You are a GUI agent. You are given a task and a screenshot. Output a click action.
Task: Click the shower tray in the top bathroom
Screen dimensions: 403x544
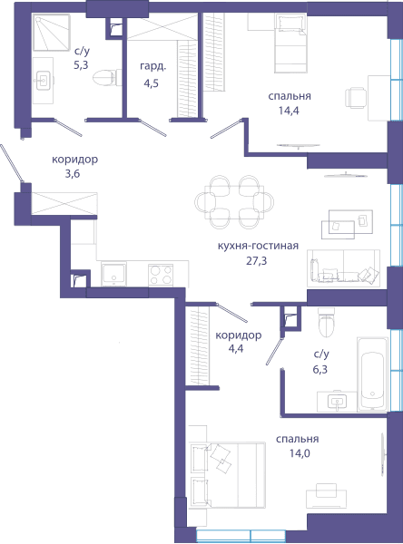click(x=52, y=33)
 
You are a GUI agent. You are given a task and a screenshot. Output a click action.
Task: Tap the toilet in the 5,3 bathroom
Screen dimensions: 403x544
click(x=107, y=78)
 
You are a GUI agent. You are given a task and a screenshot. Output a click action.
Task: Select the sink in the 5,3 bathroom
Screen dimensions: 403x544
click(x=44, y=81)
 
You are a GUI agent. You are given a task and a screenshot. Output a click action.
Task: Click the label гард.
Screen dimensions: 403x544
click(x=153, y=66)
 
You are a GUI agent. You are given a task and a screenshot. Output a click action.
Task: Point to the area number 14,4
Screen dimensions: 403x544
click(x=289, y=111)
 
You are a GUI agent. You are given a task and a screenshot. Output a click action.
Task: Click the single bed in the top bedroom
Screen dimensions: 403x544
click(x=290, y=43)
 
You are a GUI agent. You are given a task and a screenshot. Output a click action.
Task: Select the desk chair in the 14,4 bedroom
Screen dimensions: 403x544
click(x=356, y=98)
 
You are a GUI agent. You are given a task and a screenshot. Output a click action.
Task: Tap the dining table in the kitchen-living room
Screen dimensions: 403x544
click(x=234, y=202)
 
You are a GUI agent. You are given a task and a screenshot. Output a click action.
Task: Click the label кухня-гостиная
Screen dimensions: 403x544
click(x=258, y=246)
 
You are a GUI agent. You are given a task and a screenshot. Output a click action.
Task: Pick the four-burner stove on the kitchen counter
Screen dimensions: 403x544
click(x=161, y=275)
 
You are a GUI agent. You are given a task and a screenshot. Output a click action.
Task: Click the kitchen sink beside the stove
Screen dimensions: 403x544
click(x=113, y=274)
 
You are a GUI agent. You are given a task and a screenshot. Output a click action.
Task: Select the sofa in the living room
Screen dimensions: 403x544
click(x=343, y=267)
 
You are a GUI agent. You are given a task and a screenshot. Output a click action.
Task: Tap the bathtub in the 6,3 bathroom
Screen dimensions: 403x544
click(x=372, y=374)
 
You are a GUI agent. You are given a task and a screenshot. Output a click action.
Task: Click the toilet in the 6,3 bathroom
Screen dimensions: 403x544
click(x=326, y=322)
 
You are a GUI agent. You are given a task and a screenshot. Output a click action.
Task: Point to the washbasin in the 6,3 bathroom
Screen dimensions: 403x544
click(x=337, y=401)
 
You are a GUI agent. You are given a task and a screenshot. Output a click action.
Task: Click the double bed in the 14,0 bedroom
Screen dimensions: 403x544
click(x=227, y=475)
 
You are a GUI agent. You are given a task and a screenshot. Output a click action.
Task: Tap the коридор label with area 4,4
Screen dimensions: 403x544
click(x=239, y=335)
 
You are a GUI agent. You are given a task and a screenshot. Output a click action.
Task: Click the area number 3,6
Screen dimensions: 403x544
click(x=73, y=173)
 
